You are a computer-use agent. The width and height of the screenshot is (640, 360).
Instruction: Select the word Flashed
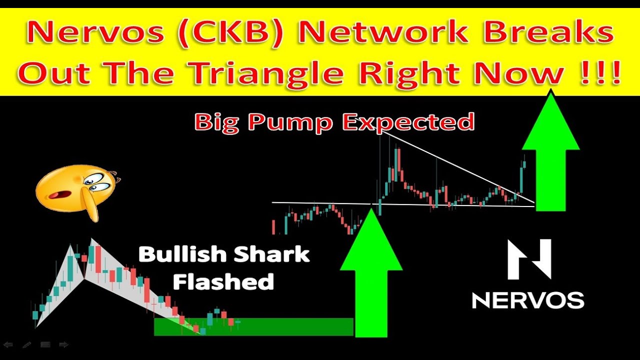(x=223, y=281)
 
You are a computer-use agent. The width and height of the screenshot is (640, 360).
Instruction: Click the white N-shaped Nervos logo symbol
(x=529, y=259)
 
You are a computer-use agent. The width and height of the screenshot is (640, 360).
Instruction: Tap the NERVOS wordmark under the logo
(x=528, y=300)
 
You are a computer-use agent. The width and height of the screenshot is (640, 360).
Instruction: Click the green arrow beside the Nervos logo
(x=550, y=155)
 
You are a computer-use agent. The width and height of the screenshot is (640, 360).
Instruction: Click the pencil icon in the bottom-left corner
(x=26, y=344)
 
